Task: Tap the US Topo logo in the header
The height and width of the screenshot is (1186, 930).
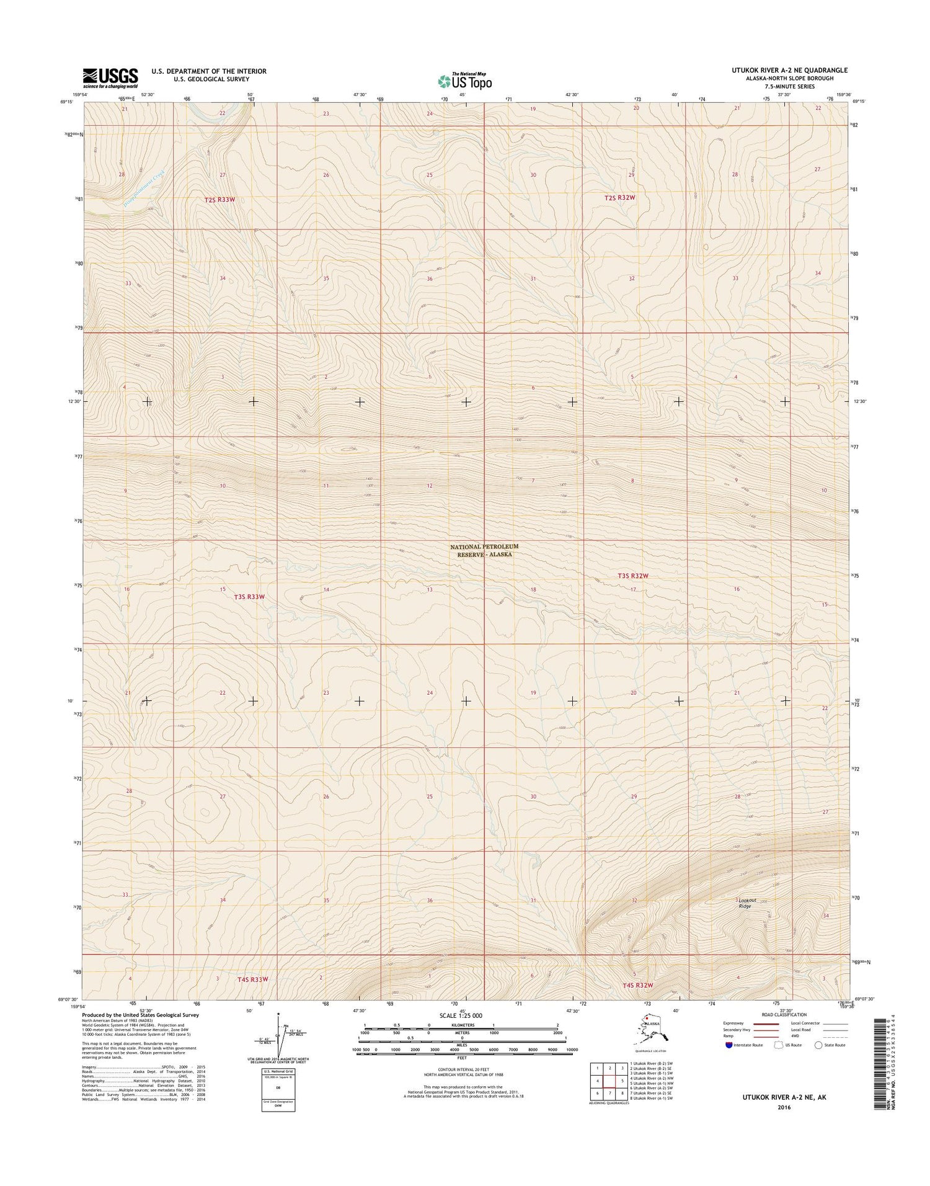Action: [x=464, y=81]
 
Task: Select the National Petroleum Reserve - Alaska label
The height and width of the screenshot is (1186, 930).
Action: [x=484, y=550]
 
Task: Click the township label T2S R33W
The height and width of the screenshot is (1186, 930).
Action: [x=220, y=200]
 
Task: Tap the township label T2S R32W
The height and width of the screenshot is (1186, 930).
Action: [x=620, y=197]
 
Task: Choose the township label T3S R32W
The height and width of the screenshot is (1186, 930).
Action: [x=632, y=576]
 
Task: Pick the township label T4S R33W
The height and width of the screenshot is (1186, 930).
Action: [x=253, y=979]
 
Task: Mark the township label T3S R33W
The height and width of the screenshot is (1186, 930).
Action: [x=249, y=597]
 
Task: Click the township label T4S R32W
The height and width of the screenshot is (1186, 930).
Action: [x=638, y=985]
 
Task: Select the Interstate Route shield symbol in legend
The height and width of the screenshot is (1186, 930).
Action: [x=728, y=1045]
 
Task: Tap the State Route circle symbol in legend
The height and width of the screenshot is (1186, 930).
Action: [x=818, y=1045]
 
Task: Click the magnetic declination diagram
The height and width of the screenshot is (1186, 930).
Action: [x=279, y=1034]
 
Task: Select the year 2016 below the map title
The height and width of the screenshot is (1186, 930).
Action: [x=784, y=1106]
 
